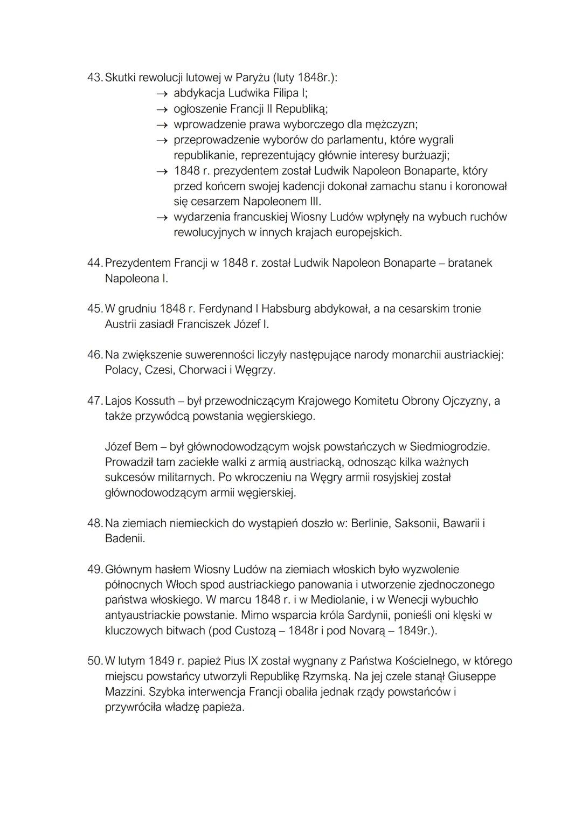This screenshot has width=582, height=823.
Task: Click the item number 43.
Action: [x=94, y=78]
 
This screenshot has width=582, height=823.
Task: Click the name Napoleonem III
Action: [x=282, y=202]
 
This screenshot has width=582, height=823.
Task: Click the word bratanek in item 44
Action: [x=469, y=263]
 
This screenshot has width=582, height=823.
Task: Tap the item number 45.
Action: [x=94, y=309]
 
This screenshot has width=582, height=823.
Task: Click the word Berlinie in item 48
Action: [x=370, y=523]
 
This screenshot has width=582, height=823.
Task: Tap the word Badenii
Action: [x=124, y=538]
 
